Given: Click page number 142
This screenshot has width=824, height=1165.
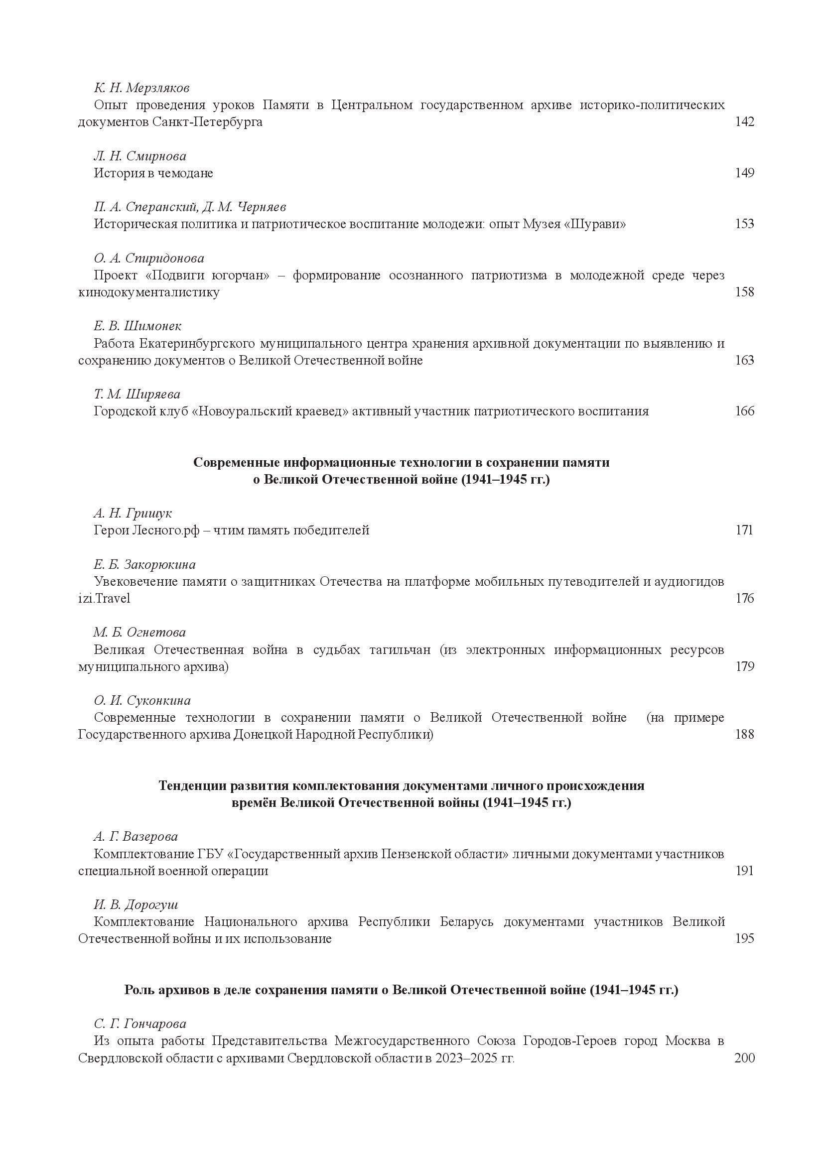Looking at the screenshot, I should [x=744, y=122].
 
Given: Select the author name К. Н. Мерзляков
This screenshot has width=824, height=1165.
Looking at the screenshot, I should [x=141, y=88].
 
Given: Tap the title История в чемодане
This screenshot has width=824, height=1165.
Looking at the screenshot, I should [x=153, y=173].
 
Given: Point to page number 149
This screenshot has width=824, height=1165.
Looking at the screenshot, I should [x=744, y=173].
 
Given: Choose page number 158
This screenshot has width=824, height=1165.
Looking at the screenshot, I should [x=744, y=292].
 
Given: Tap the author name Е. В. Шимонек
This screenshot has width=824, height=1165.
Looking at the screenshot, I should [x=137, y=326].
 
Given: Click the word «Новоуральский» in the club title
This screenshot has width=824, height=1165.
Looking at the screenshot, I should [x=271, y=411].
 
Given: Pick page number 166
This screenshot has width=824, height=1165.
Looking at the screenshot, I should [x=744, y=411].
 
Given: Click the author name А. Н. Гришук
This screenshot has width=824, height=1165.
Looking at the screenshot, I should [x=133, y=514].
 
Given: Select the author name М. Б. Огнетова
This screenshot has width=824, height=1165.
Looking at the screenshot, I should [x=139, y=632].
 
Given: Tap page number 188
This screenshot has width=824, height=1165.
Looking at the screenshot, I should [x=744, y=734].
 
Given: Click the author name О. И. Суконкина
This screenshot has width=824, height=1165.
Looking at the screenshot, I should [x=142, y=701].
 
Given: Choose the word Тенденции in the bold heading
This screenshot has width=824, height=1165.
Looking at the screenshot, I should [x=192, y=786].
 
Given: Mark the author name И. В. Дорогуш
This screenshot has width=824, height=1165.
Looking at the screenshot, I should [x=136, y=905].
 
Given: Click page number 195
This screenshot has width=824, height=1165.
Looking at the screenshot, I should [x=744, y=939].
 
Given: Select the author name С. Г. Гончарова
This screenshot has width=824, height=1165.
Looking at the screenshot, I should [x=140, y=1024].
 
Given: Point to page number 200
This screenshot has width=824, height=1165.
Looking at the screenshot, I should [x=744, y=1058].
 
